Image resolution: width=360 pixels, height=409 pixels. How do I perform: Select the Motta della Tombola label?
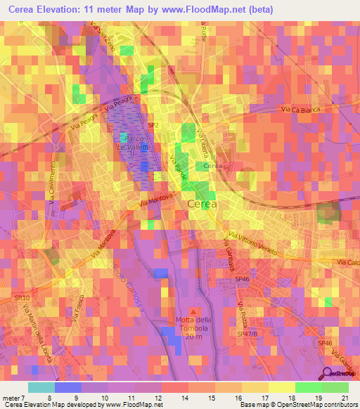click(193, 325)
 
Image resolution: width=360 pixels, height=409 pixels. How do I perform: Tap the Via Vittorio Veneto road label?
click(255, 243)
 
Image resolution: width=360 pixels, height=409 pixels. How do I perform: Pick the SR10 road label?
click(20, 298)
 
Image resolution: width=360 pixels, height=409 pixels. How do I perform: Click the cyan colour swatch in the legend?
click(41, 387)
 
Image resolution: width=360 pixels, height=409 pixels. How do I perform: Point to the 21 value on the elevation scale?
click(344, 398)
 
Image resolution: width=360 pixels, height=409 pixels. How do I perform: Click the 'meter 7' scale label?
click(13, 398)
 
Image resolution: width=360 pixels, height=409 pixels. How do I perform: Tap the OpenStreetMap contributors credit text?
click(324, 405)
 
